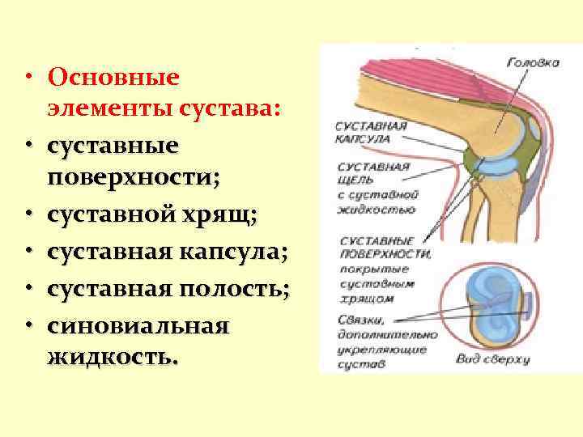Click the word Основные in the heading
pos(113,78)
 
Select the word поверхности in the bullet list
pos(131,177)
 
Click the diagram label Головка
pos(533,62)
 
